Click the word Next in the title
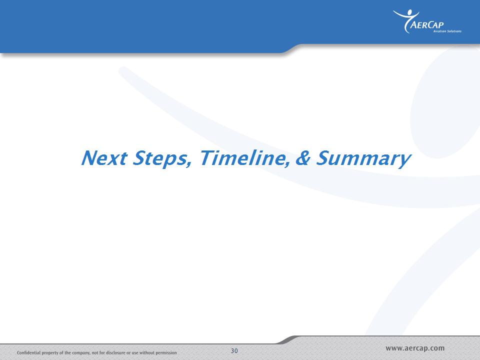tap(104, 158)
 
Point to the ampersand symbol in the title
tap(303, 158)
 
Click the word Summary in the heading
tap(363, 158)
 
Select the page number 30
tap(234, 351)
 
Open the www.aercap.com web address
tap(415, 348)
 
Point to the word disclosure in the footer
tap(115, 352)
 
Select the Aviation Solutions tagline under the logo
tap(447, 31)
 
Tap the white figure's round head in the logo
tap(410, 12)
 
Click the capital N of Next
tap(89, 158)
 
